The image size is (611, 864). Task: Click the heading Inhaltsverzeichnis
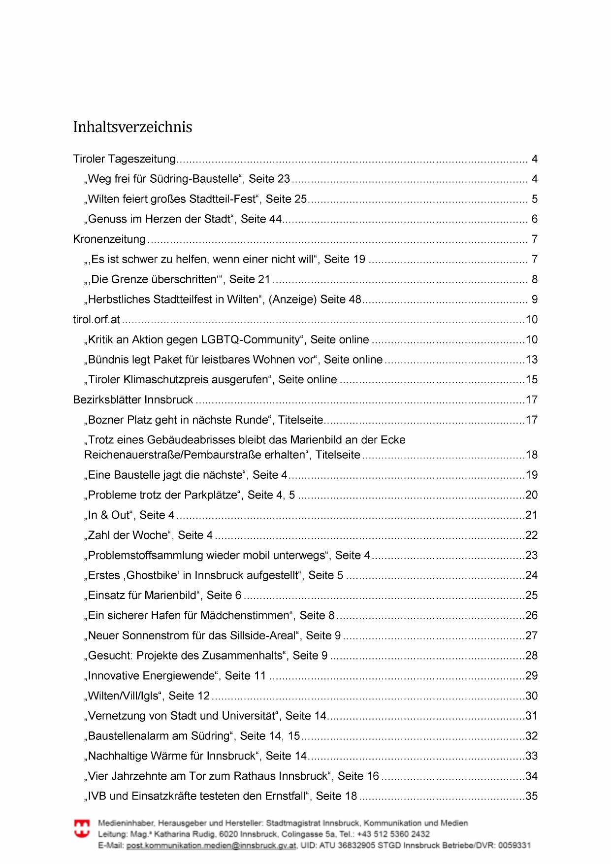pyautogui.click(x=132, y=127)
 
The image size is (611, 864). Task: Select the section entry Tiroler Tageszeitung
pyautogui.click(x=124, y=159)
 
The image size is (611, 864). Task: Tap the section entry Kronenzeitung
pyautogui.click(x=109, y=239)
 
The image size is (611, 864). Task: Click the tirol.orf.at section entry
pyautogui.click(x=96, y=320)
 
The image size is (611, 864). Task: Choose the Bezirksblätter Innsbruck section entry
pyautogui.click(x=133, y=400)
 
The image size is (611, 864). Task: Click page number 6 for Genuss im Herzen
pyautogui.click(x=534, y=219)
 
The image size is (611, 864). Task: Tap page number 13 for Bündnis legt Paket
pyautogui.click(x=532, y=360)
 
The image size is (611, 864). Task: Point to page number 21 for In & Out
pyautogui.click(x=532, y=515)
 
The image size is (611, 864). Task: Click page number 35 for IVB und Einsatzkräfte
pyautogui.click(x=532, y=797)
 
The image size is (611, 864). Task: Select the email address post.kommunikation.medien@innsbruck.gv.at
pyautogui.click(x=212, y=846)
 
